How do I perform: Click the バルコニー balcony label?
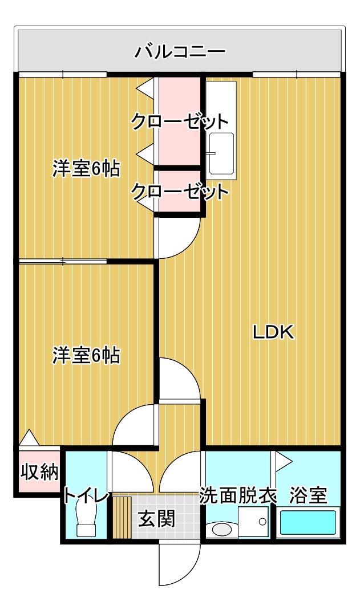180,52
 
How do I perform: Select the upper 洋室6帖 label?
86,169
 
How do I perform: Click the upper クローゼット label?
180,121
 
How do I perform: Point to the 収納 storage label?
39,472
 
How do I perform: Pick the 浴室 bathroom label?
308,495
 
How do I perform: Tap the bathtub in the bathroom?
308,523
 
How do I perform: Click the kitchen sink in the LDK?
221,153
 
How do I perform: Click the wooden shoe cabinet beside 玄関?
122,517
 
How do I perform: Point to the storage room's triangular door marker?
29,437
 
